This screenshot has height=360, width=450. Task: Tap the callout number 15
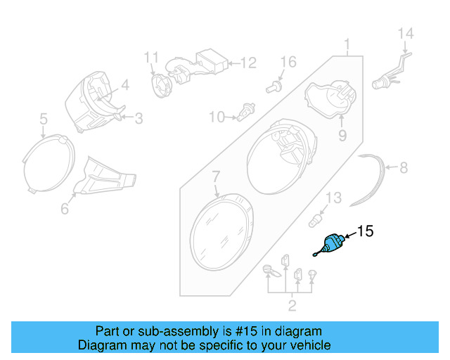pyautogui.click(x=366, y=231)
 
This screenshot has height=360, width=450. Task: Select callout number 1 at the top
pyautogui.click(x=347, y=47)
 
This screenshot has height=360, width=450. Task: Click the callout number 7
pyautogui.click(x=216, y=175)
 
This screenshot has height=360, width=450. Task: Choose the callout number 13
pyautogui.click(x=333, y=197)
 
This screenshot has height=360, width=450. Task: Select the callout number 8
pyautogui.click(x=403, y=168)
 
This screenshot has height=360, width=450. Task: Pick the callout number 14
pyautogui.click(x=406, y=33)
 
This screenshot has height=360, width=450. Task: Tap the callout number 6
pyautogui.click(x=65, y=209)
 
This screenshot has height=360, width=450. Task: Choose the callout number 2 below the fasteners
pyautogui.click(x=292, y=305)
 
